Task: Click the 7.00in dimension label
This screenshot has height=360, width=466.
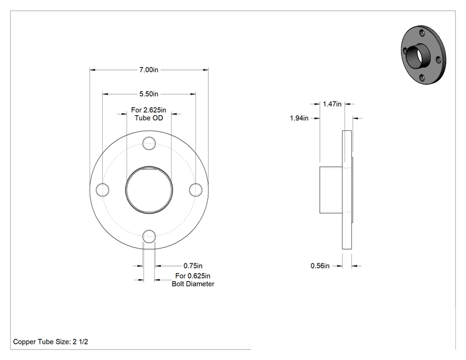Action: [x=149, y=69]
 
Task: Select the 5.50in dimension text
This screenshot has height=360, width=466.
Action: [x=149, y=94]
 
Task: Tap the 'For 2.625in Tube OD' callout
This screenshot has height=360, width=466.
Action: [x=149, y=114]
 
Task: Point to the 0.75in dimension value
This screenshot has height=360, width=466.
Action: [x=193, y=266]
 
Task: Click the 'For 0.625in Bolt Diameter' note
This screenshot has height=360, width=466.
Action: [x=193, y=280]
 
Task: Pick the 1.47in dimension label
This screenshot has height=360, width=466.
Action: [x=332, y=104]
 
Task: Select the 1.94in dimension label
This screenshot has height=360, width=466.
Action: [x=299, y=118]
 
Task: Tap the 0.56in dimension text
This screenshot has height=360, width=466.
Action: [x=320, y=266]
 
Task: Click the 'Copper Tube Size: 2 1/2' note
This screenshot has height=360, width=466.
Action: [x=51, y=342]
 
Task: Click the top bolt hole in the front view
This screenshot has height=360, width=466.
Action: [x=149, y=143]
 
